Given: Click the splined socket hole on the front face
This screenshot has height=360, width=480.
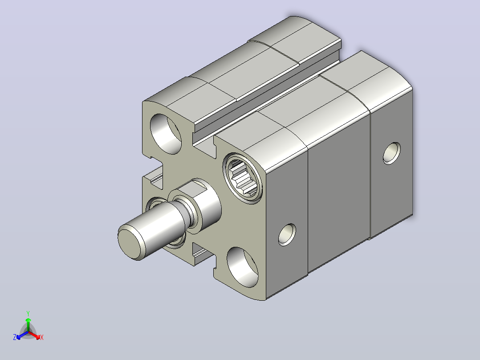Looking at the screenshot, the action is [243, 178].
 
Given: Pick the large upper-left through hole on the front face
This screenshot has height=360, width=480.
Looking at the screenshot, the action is [165, 134].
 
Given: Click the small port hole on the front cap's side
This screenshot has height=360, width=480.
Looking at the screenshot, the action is [287, 235].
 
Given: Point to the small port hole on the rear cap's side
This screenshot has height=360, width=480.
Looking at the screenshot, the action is [391, 153].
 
